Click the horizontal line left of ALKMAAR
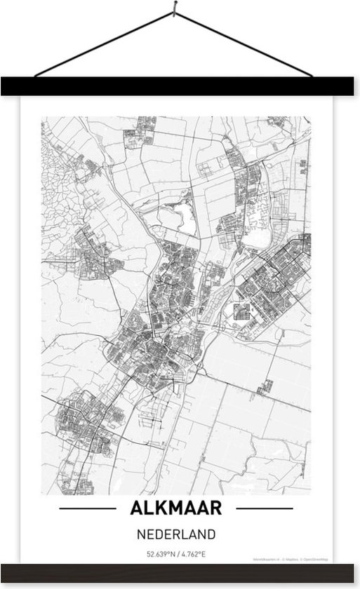[88, 508]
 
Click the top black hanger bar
[180, 87]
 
